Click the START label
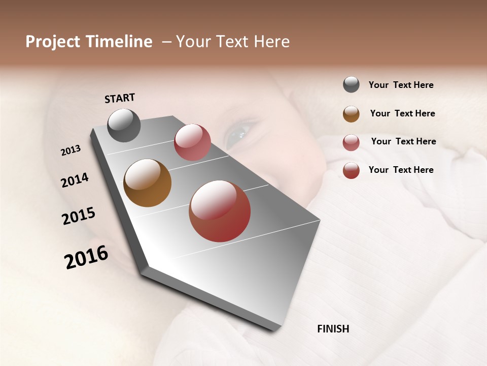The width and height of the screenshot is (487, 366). (120, 98)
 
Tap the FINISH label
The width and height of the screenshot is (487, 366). (333, 329)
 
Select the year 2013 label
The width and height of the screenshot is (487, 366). (71, 150)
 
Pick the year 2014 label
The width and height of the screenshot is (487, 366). (75, 180)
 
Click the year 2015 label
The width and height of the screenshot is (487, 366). (79, 216)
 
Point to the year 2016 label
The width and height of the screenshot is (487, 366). (86, 257)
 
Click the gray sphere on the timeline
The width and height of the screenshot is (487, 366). (124, 125)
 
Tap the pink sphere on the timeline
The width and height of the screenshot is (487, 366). (192, 142)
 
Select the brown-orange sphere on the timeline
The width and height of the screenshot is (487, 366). (147, 183)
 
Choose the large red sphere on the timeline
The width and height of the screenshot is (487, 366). (220, 211)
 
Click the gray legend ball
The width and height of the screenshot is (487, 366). (351, 84)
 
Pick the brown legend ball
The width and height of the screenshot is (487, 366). (351, 114)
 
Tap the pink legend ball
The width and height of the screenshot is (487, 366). (351, 142)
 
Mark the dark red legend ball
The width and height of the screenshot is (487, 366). (351, 170)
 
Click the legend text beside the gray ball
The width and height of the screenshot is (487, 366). (401, 85)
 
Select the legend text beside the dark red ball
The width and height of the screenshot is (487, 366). (401, 170)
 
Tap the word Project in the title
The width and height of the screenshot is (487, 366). (53, 42)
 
